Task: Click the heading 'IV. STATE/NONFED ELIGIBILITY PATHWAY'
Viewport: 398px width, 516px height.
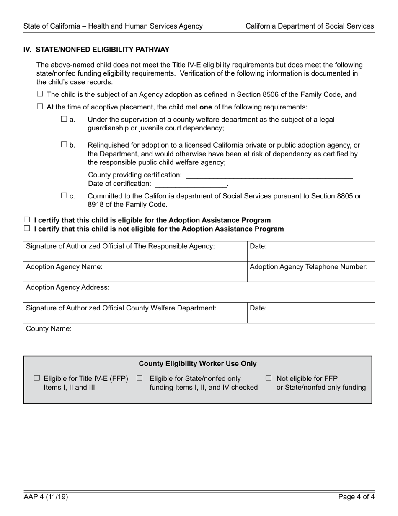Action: (96, 50)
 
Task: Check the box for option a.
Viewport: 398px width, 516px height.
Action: (64, 119)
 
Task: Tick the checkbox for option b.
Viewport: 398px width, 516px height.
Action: (64, 145)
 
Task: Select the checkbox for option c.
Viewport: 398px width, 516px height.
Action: (64, 195)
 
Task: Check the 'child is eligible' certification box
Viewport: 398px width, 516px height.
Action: (27, 220)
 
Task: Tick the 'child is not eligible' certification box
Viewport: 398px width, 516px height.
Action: (27, 229)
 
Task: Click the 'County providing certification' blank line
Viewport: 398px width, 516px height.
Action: (269, 175)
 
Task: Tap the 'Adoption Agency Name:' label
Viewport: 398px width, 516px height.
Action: (64, 267)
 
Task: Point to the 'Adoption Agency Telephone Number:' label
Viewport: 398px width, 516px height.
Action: (309, 267)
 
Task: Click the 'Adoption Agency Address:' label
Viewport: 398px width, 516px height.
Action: (67, 287)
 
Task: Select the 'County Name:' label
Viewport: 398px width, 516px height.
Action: (49, 328)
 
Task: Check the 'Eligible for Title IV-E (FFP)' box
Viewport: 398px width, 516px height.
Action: (37, 378)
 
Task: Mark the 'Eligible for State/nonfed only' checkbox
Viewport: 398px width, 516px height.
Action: (140, 378)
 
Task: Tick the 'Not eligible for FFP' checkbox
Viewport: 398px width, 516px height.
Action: (269, 378)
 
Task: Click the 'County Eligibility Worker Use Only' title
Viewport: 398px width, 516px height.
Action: (198, 364)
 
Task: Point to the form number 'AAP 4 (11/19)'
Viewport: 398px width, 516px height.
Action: (46, 497)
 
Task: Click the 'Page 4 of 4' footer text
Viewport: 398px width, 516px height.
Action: (357, 497)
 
